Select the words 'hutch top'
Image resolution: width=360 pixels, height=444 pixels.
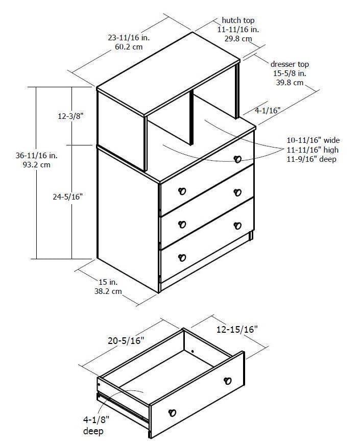click(237, 20)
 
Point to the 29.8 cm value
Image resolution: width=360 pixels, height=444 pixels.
click(238, 38)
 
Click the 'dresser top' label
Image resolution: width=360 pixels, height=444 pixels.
click(290, 64)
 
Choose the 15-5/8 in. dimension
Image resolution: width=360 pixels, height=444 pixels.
click(290, 73)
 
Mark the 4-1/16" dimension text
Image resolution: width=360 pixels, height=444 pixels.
click(268, 110)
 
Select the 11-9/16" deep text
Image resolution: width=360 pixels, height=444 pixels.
click(313, 159)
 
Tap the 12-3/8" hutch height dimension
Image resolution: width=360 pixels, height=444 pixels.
click(70, 116)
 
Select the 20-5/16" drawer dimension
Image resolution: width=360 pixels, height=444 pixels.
click(126, 340)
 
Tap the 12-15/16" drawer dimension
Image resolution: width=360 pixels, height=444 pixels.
click(237, 330)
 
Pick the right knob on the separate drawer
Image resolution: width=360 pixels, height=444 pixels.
click(227, 381)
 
